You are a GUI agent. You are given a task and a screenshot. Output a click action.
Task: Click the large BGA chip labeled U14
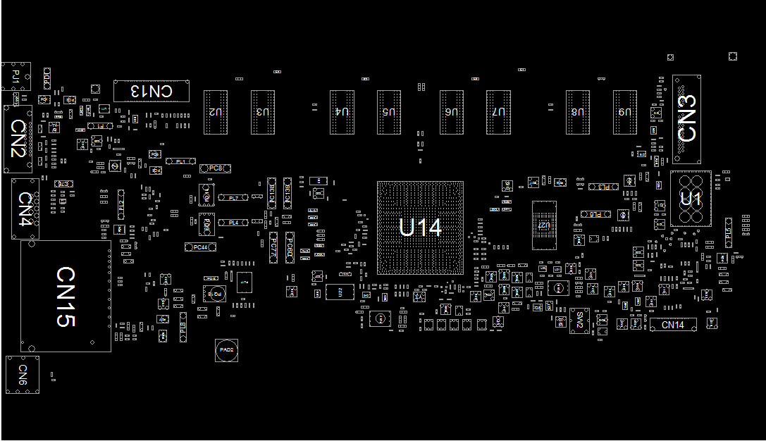click(x=420, y=228)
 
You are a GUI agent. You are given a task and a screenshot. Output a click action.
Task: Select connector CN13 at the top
click(x=152, y=90)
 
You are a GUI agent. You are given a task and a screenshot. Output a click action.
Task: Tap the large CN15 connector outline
click(x=66, y=296)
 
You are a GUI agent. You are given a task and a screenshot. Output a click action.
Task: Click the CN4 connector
click(x=25, y=209)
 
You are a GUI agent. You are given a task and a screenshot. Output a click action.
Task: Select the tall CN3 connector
click(x=686, y=118)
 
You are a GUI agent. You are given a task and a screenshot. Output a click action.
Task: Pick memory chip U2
click(x=216, y=112)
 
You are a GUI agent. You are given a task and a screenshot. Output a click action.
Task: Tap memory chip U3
click(x=262, y=112)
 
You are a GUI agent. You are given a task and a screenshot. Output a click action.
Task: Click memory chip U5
click(x=389, y=112)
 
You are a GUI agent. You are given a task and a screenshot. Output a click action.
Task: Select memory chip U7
click(x=498, y=112)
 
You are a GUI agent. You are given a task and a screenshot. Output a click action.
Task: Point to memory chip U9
click(x=624, y=112)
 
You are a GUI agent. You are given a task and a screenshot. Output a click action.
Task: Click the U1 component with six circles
click(x=691, y=198)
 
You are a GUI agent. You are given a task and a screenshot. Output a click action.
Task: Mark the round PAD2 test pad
click(x=226, y=350)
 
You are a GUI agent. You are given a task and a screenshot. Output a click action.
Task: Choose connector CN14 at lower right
click(x=672, y=325)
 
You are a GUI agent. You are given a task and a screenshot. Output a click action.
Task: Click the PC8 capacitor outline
click(x=216, y=168)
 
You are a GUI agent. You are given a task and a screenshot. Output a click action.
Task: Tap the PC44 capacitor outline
click(x=200, y=247)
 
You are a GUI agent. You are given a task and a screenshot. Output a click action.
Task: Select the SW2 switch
click(x=579, y=321)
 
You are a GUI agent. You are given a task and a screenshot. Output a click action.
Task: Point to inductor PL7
click(x=234, y=199)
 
